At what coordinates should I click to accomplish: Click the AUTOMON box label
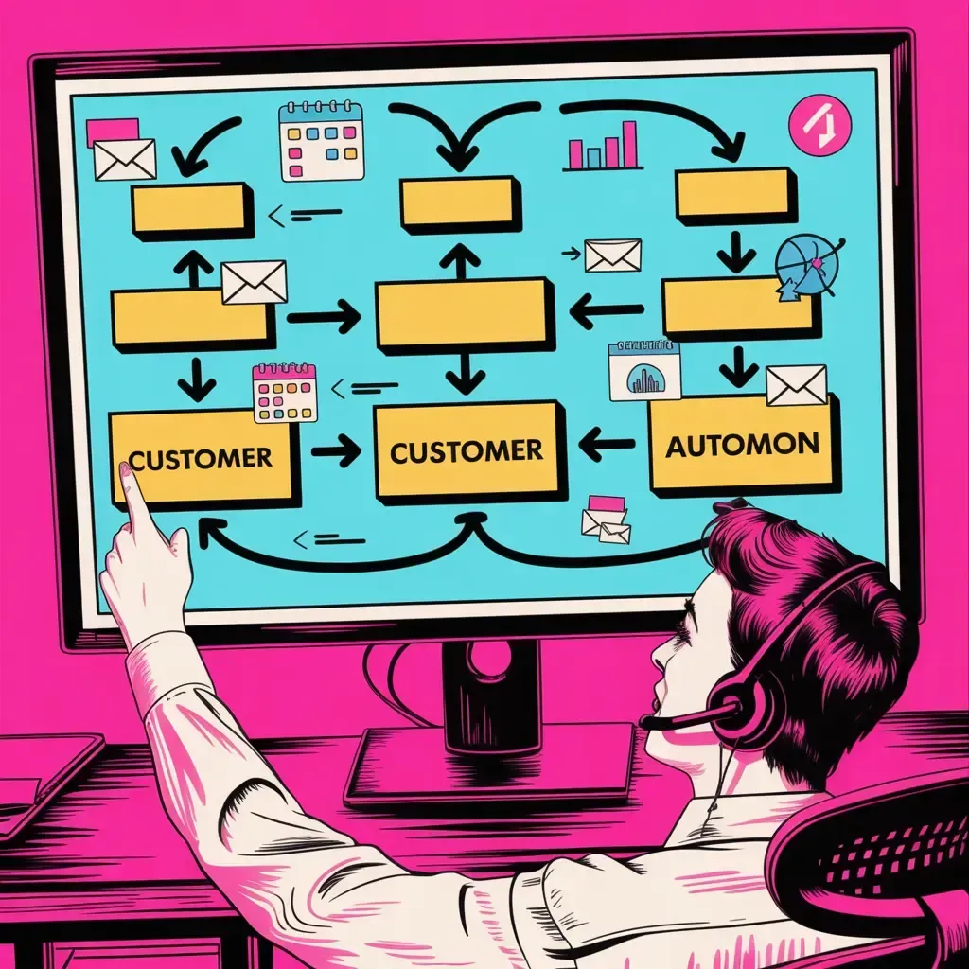pyautogui.click(x=742, y=445)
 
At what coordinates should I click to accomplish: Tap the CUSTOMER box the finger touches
pyautogui.click(x=201, y=458)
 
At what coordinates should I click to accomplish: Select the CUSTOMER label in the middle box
pyautogui.click(x=467, y=450)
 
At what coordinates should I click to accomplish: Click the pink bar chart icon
pyautogui.click(x=603, y=147)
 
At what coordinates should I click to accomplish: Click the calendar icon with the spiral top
pyautogui.click(x=322, y=141)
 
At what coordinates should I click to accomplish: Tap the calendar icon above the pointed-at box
pyautogui.click(x=285, y=393)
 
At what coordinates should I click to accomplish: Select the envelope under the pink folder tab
pyautogui.click(x=124, y=159)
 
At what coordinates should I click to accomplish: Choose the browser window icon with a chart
pyautogui.click(x=644, y=370)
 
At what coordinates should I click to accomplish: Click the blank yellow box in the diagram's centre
pyautogui.click(x=464, y=313)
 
